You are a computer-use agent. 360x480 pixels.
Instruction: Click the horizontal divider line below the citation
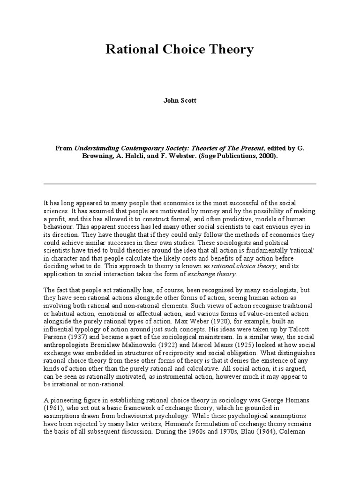pos(180,184)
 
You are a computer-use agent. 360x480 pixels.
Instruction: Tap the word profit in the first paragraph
pos(57,219)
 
